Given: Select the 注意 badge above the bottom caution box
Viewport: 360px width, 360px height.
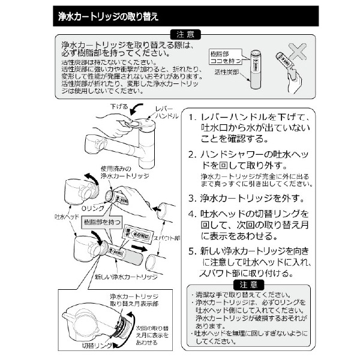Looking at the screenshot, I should click(x=248, y=284).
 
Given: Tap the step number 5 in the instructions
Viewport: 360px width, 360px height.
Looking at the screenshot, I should click(x=191, y=251).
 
